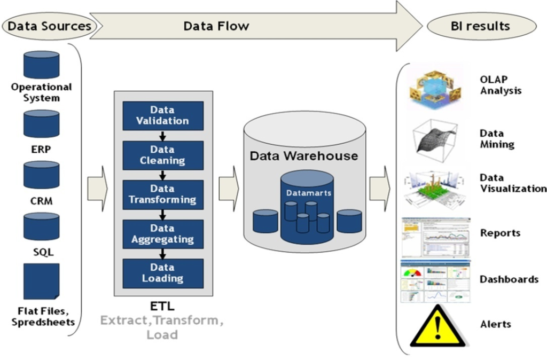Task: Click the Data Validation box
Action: [x=163, y=115]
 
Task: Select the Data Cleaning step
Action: [x=163, y=155]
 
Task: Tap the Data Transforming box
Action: [x=163, y=194]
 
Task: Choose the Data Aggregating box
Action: [x=163, y=234]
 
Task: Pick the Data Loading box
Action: [x=163, y=273]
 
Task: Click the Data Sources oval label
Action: [x=49, y=26]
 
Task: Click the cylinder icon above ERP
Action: [x=41, y=124]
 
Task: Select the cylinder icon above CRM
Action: [x=41, y=175]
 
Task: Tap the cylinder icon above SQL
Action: [x=41, y=226]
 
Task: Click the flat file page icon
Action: [x=41, y=281]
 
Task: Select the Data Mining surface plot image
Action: [x=435, y=138]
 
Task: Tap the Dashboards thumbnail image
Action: [x=435, y=281]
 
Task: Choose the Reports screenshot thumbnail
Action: [x=435, y=237]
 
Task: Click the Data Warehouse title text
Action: [x=304, y=156]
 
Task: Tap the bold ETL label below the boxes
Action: [x=162, y=307]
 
